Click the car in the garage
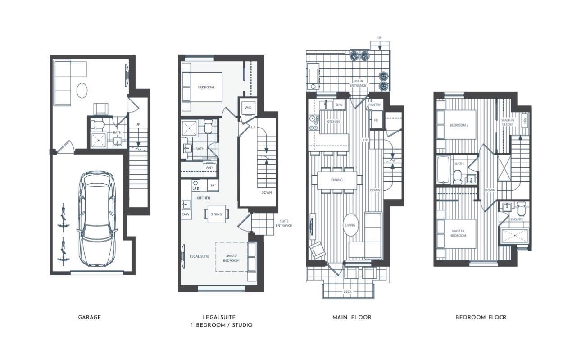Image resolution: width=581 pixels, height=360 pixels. [x=97, y=219]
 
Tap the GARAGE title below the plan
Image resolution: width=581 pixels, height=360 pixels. [x=90, y=317]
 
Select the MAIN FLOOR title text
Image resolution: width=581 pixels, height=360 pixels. [x=352, y=317]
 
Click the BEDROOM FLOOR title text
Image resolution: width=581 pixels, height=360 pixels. [x=481, y=317]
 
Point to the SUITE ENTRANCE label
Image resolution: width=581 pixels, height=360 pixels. [x=284, y=223]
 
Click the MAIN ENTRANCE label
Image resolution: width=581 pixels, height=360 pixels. [x=358, y=83]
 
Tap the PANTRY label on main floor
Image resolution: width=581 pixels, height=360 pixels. [x=374, y=105]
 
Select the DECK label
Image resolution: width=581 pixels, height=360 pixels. [x=347, y=292]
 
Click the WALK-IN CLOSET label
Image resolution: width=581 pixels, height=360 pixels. [x=508, y=122]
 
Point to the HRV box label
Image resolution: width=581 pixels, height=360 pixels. [x=525, y=121]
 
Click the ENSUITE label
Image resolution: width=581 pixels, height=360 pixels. [x=517, y=219]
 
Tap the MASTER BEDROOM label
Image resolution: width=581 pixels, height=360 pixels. [x=458, y=233]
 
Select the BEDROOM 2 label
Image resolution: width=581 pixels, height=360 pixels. [x=459, y=125]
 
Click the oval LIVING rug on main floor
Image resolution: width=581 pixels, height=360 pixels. [x=350, y=225]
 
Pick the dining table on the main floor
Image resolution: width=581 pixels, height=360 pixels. [x=337, y=180]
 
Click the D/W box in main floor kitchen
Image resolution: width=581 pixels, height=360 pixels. [x=339, y=105]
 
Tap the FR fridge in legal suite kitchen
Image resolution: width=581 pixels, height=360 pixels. [x=213, y=185]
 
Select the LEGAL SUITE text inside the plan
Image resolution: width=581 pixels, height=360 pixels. [x=199, y=256]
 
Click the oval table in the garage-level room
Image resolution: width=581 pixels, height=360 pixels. [x=82, y=90]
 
